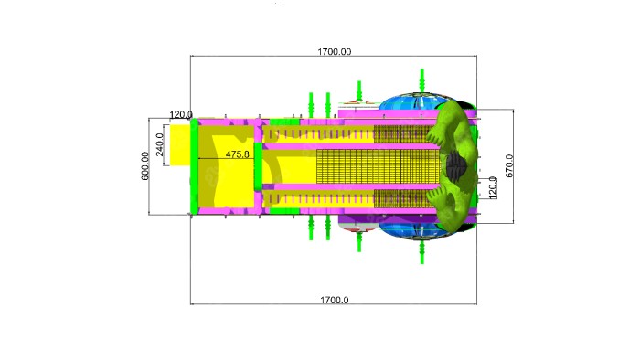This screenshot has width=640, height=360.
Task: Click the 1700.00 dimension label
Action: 335,52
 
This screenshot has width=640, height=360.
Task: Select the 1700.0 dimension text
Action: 335,300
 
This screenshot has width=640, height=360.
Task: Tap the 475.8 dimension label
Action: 237,154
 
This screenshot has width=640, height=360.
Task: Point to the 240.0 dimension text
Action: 160,144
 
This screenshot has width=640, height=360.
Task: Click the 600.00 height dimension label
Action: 145,166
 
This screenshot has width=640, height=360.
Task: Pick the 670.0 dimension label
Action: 509,166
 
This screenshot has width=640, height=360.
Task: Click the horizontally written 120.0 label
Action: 181,114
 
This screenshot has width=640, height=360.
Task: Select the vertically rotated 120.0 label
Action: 493,187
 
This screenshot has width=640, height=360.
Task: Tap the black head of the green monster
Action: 456,164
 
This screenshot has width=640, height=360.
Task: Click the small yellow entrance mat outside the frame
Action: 180,145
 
